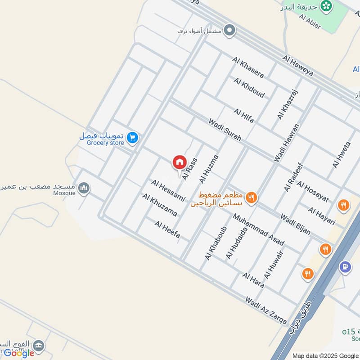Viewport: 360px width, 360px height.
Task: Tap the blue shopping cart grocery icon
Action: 132,138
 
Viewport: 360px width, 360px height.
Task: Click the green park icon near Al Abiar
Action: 325,6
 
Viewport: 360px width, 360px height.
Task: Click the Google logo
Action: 19,353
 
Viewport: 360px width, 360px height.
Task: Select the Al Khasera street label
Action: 248,67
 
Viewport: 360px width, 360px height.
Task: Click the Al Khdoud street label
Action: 249,88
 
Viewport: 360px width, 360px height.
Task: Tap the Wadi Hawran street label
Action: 286,143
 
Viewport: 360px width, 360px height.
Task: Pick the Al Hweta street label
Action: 341,155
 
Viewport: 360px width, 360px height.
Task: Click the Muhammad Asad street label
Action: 258,229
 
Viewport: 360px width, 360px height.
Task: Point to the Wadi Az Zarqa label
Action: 266,310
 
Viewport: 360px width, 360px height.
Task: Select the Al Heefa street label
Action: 167,229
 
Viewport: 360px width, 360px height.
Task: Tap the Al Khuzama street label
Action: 159,205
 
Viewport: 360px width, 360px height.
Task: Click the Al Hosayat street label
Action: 313,192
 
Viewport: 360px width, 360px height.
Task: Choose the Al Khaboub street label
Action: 215,243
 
